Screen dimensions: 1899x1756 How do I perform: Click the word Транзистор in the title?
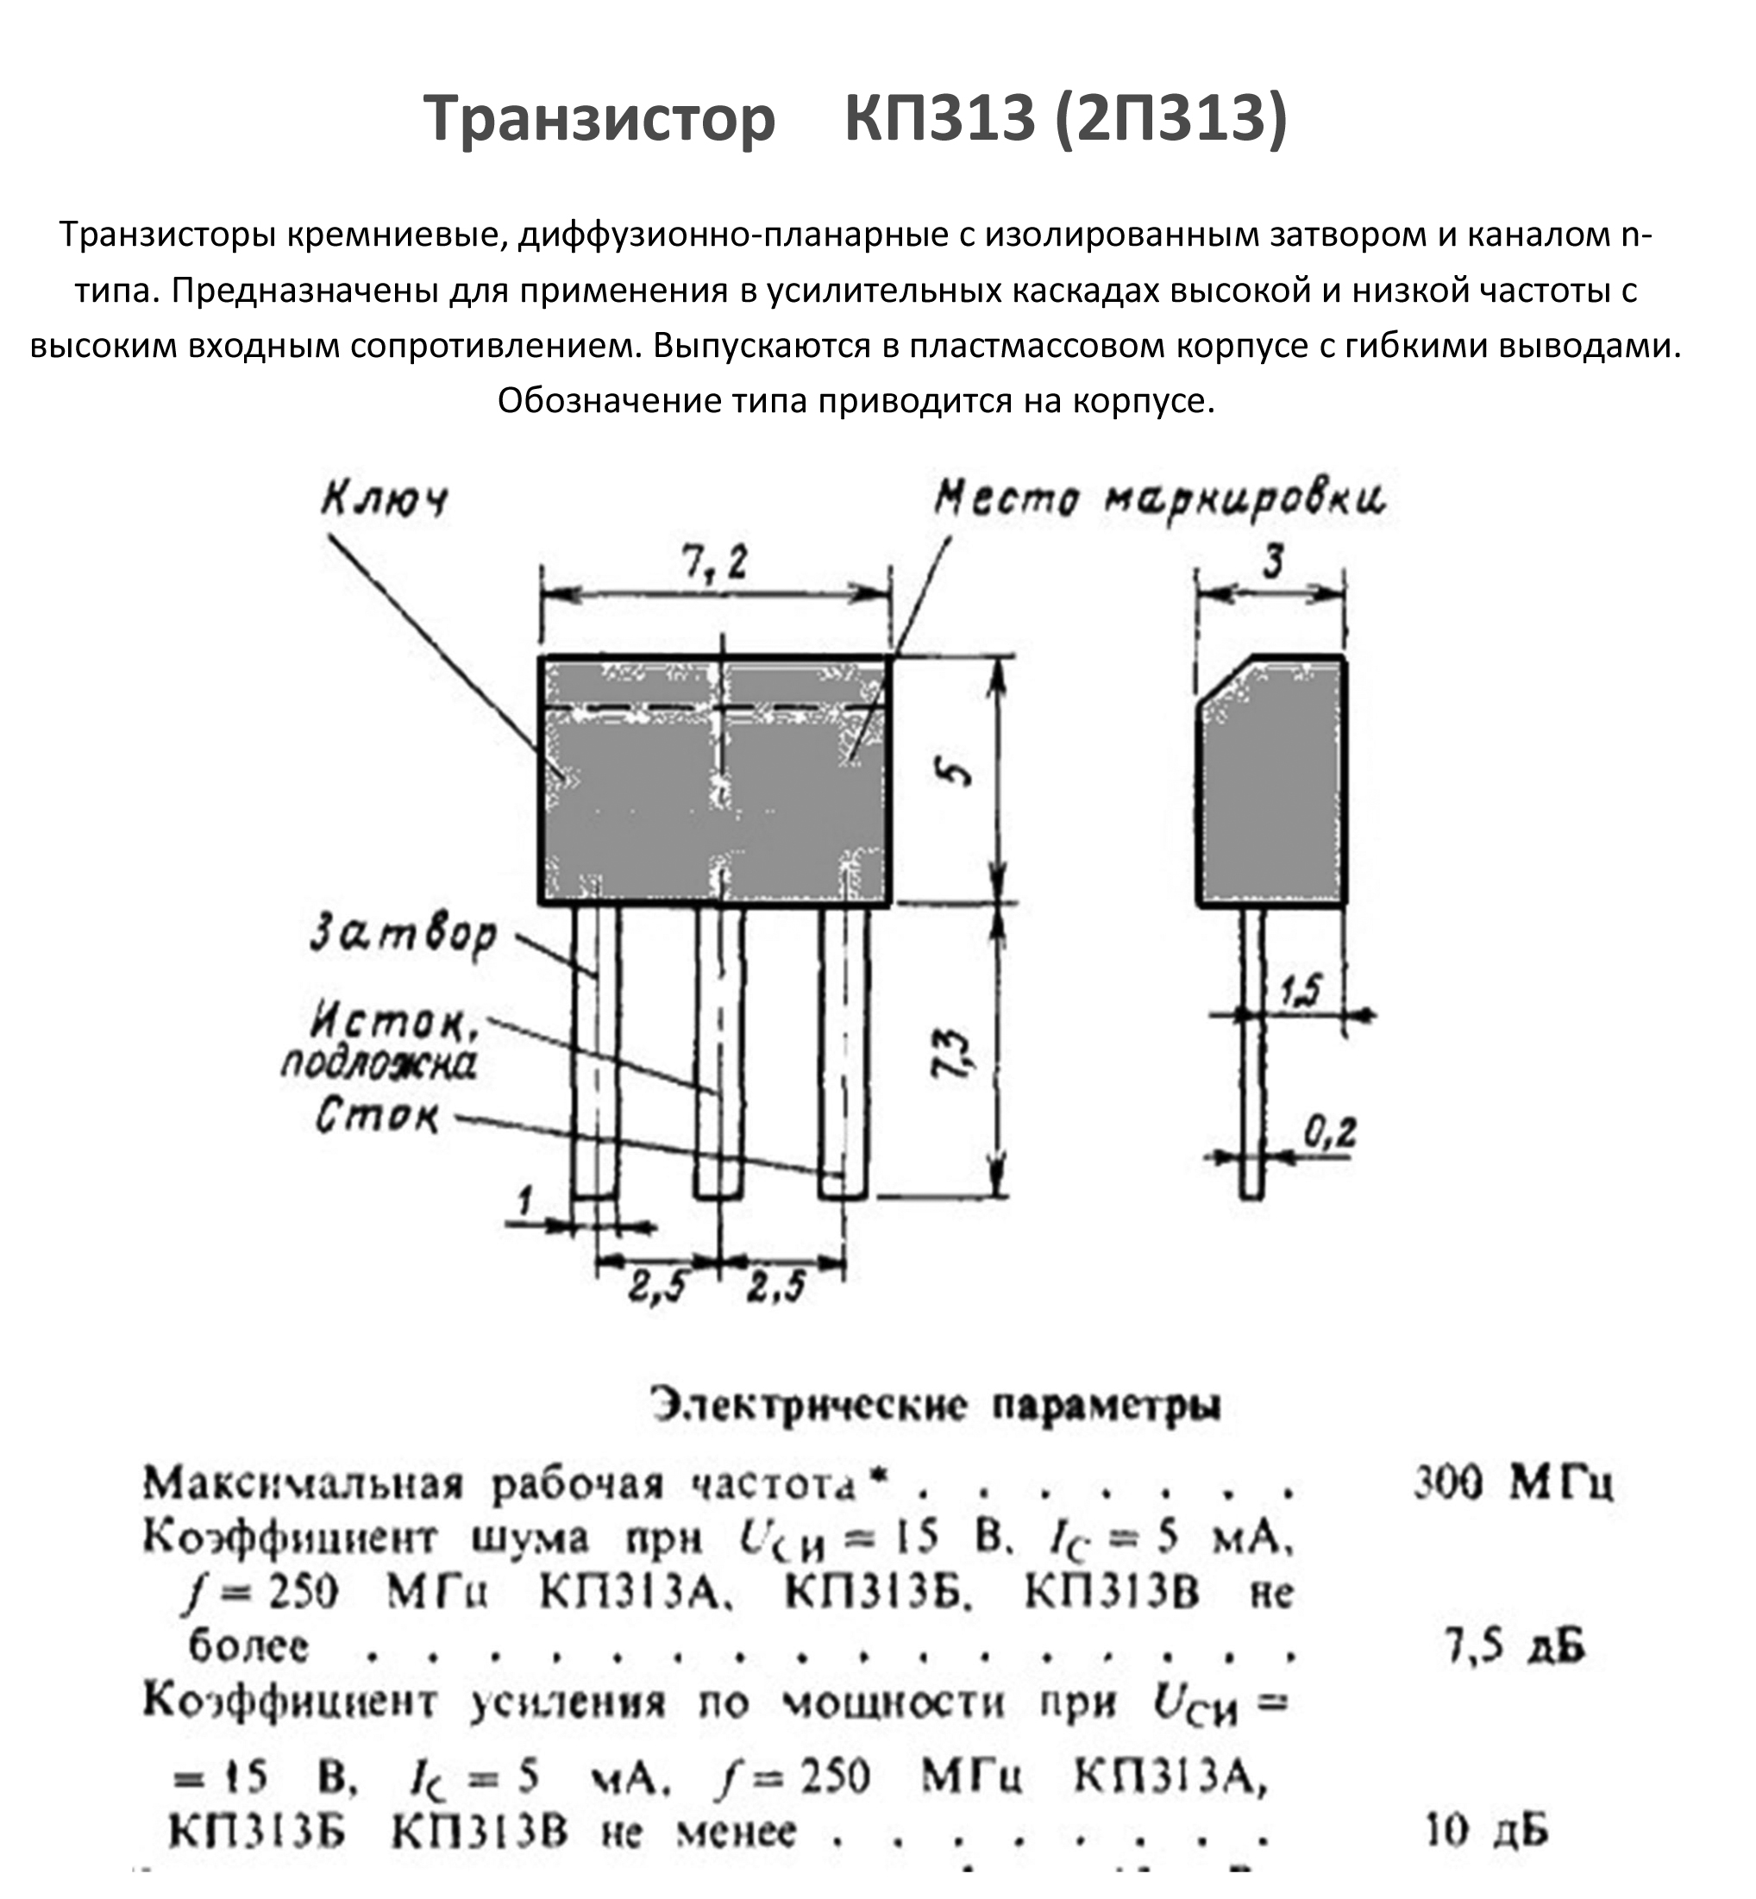pos(599,119)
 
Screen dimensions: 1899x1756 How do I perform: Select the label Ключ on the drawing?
pos(385,498)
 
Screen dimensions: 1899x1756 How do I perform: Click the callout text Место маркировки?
pos(1159,498)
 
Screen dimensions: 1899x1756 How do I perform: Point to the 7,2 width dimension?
pos(716,564)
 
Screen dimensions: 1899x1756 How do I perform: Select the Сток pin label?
pos(377,1116)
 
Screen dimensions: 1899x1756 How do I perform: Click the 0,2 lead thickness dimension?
pos(1329,1131)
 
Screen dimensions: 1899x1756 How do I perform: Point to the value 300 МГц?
pos(1512,1482)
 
